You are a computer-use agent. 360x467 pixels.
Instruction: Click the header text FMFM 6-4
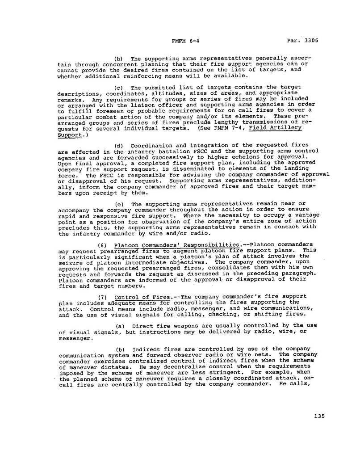[184, 40]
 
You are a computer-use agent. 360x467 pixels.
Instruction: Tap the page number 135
[319, 416]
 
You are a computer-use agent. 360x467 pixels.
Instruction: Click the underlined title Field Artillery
[276, 128]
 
